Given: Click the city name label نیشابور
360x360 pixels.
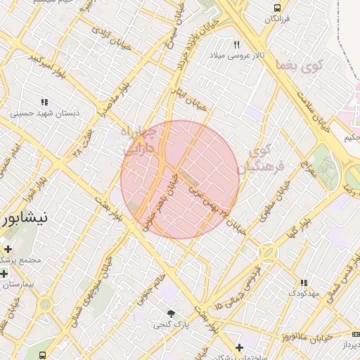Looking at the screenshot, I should [24, 217].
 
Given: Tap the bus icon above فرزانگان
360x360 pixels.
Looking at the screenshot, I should [278, 8].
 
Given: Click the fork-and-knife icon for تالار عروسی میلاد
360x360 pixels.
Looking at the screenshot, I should [236, 44].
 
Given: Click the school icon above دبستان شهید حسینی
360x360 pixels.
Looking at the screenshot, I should [45, 102].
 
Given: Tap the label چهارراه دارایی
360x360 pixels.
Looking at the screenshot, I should [145, 141].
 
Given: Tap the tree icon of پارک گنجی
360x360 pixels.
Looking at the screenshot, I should [171, 313].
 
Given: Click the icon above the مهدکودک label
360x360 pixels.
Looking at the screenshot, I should [304, 282].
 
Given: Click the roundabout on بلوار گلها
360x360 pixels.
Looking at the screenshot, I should [268, 252].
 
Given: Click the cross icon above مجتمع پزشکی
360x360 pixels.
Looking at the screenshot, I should [8, 249].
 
